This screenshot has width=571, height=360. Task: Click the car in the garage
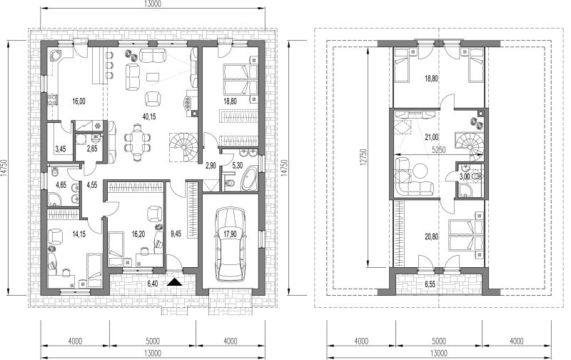(x=231, y=244)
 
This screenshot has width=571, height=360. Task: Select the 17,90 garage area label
(x=231, y=234)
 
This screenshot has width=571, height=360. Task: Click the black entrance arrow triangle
(x=175, y=281)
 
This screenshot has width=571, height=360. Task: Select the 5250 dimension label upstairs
(x=439, y=149)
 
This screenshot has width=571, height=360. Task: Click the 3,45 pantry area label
(x=60, y=149)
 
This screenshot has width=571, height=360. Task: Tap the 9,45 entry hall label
(x=176, y=234)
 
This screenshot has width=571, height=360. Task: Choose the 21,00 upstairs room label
(x=432, y=137)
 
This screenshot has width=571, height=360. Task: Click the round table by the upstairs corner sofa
(x=421, y=171)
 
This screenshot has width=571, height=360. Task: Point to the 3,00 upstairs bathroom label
(x=464, y=177)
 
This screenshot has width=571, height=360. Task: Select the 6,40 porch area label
(x=153, y=284)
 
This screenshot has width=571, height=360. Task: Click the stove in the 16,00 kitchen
(x=53, y=99)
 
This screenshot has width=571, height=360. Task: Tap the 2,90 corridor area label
(x=211, y=166)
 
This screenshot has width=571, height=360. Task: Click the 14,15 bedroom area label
(x=79, y=234)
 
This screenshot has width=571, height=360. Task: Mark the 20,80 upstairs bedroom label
(x=432, y=237)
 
